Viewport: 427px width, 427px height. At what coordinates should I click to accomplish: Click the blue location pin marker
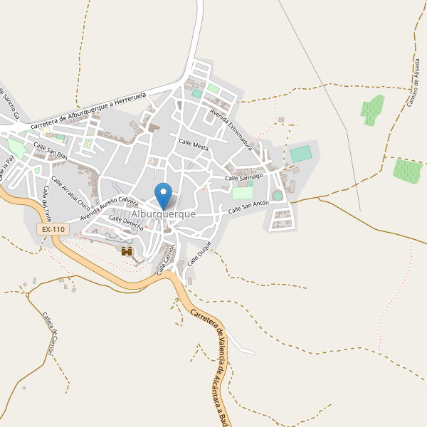pos(164,194)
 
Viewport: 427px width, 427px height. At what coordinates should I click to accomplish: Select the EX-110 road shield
pos(53,229)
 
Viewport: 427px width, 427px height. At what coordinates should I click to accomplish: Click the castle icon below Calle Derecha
pos(127,251)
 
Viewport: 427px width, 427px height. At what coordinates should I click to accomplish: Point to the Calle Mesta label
pos(194,145)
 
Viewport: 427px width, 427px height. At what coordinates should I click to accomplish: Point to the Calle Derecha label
pos(126,223)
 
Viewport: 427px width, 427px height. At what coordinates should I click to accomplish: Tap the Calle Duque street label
pos(200,253)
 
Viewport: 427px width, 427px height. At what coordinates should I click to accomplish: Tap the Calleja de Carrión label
pos(48,334)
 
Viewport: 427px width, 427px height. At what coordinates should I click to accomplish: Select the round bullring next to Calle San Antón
pos(278,195)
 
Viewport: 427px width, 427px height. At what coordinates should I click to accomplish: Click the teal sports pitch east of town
pos(301,154)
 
